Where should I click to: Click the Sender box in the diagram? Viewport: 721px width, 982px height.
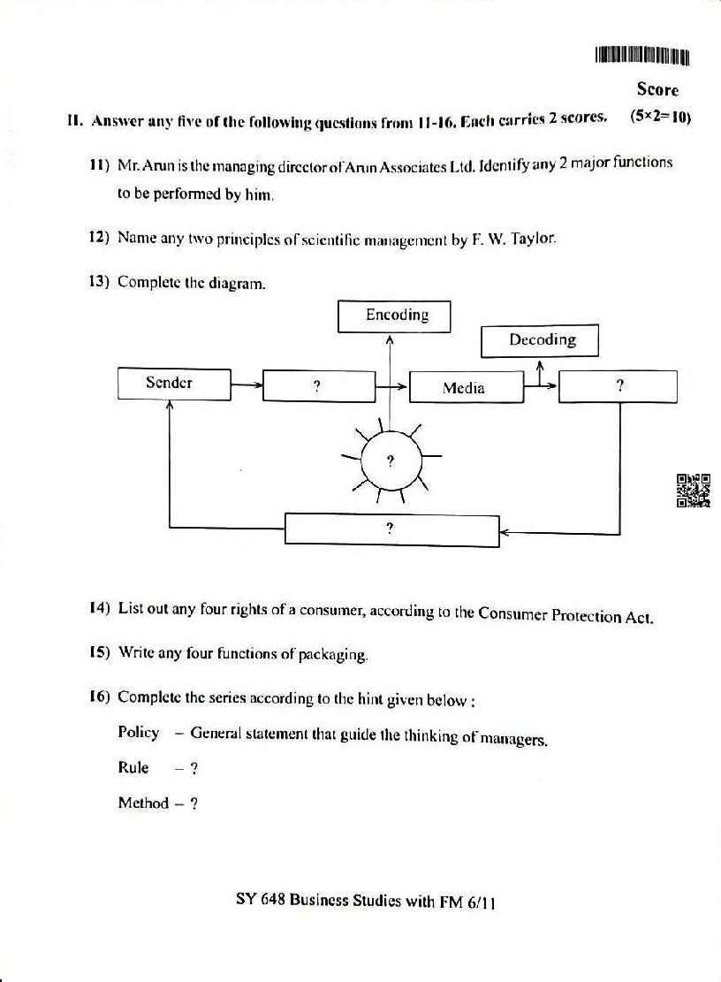[174, 384]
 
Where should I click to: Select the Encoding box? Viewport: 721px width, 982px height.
[394, 316]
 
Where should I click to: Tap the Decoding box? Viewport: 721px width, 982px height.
[540, 340]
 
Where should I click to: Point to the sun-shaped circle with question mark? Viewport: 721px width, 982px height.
[391, 461]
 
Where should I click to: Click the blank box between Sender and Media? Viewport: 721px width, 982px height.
[319, 386]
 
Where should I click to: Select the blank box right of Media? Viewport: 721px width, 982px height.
[619, 386]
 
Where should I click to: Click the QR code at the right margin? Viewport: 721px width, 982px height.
[694, 491]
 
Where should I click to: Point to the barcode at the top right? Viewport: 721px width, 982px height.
[641, 56]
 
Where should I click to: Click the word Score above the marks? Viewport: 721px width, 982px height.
[657, 89]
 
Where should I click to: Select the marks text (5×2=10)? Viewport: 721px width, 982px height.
[659, 116]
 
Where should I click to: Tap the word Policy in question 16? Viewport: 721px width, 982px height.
[139, 732]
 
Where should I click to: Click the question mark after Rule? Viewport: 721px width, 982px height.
[194, 768]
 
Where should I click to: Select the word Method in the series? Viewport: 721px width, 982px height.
[143, 803]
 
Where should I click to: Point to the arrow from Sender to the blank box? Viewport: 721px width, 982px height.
[247, 384]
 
